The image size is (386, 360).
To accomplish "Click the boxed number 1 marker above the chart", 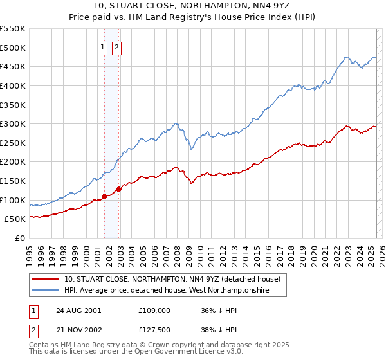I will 102,46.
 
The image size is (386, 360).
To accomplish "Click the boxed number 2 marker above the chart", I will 116,46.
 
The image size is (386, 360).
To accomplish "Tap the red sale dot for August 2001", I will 104,197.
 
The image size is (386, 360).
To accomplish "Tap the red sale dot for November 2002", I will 118,190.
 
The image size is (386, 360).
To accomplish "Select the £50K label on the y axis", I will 15,219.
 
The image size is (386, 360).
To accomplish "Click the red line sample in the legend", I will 46,280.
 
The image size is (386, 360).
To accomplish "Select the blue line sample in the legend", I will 46,291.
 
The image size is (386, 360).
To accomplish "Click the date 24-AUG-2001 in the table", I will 78,310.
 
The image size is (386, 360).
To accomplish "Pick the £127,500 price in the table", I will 154,328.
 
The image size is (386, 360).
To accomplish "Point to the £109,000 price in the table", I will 154,310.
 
